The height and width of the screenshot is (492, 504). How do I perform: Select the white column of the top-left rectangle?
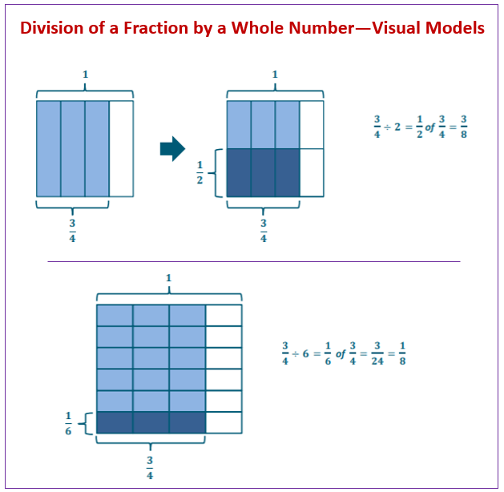tap(121, 148)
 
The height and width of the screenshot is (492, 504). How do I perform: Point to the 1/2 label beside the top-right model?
tap(201, 173)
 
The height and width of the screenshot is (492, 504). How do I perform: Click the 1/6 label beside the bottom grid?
tap(69, 423)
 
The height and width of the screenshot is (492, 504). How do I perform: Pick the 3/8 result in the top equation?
tap(464, 126)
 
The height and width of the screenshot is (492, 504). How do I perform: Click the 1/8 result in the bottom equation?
tap(402, 353)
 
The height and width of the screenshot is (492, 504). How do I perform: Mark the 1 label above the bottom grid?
tap(168, 278)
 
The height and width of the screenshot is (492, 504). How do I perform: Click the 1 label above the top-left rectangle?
tap(85, 75)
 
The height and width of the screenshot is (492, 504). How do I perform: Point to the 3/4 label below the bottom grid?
tap(151, 467)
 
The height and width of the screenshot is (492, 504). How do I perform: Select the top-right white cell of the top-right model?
tap(312, 124)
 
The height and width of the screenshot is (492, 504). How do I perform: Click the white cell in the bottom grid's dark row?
tap(224, 422)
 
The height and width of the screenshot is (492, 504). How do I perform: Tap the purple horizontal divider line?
tap(253, 261)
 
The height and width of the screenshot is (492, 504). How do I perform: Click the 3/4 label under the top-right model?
tap(264, 228)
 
